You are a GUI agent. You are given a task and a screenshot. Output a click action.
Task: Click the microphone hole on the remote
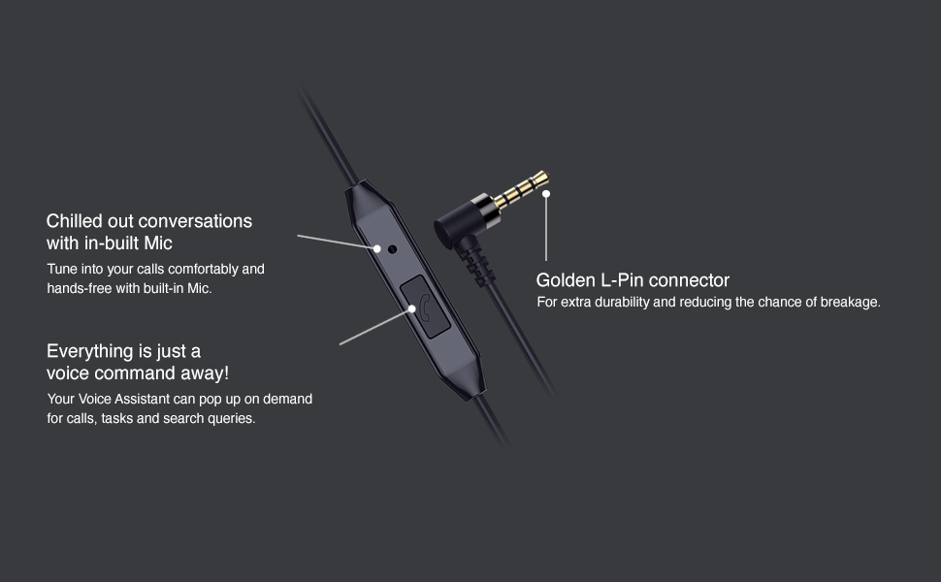click(393, 248)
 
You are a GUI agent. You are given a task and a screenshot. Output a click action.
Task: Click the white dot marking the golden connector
click(546, 194)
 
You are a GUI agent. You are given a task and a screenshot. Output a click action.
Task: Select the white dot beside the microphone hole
click(377, 247)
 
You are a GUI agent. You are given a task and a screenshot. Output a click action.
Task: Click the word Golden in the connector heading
click(567, 280)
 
